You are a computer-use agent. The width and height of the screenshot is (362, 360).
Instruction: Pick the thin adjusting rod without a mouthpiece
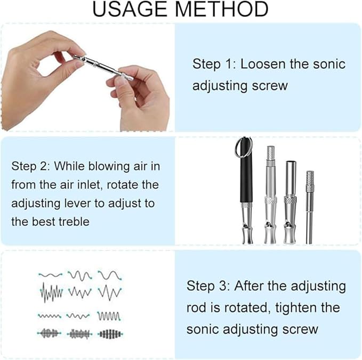[309, 208]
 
